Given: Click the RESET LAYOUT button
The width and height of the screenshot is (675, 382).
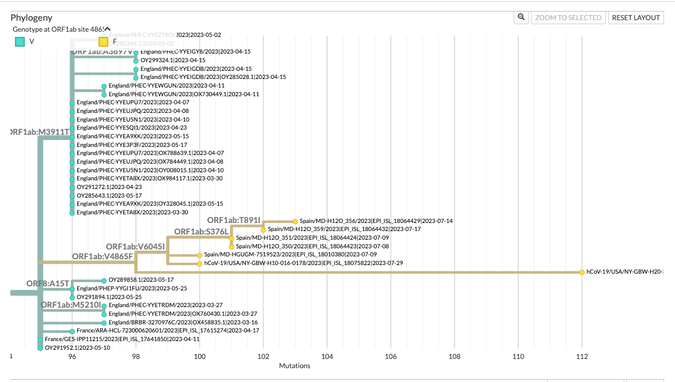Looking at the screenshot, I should point(636,18).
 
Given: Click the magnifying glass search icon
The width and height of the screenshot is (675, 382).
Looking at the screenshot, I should point(521,18).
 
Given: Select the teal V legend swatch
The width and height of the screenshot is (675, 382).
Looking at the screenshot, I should point(20,41).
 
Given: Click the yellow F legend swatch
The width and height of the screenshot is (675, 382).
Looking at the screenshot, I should point(104,41).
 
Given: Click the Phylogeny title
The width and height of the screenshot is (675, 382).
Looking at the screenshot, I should point(32,18).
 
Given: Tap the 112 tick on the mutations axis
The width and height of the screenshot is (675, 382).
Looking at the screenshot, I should point(582,357).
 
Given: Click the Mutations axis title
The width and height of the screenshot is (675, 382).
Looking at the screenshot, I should point(294,366).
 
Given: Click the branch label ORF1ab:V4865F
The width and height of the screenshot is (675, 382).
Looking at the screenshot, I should point(103,256).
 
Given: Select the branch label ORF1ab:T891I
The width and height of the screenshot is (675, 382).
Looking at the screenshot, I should point(234,220).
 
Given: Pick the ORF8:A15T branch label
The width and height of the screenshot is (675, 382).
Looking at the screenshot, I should point(48,283).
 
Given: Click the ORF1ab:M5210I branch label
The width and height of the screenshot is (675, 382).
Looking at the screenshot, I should point(71,304).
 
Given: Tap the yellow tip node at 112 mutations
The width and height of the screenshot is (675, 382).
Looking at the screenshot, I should point(582,272).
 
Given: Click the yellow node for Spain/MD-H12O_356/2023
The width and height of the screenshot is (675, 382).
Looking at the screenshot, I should point(295,221).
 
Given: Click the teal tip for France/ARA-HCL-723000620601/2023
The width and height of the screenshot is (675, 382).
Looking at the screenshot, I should point(73,331).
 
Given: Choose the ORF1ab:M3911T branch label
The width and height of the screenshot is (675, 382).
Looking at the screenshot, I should point(41,132).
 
